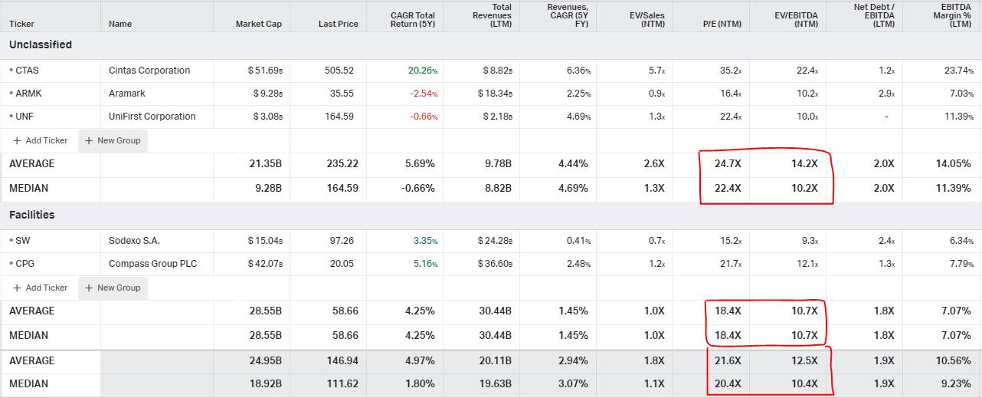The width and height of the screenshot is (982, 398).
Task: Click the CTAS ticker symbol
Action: [x=27, y=71]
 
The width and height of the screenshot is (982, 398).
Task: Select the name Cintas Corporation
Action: [x=149, y=71]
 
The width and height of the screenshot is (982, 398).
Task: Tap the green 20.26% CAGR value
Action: [x=422, y=71]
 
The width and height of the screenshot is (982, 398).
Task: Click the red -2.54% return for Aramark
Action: [x=422, y=94]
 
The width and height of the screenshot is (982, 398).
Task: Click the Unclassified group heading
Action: [x=41, y=44]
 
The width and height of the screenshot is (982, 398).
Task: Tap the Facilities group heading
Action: [x=32, y=215]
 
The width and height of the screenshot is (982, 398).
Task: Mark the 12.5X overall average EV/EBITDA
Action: [x=804, y=360]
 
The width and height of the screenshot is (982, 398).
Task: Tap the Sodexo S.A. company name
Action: [x=135, y=241]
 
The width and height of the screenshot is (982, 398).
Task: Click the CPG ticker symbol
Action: [x=26, y=264]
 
